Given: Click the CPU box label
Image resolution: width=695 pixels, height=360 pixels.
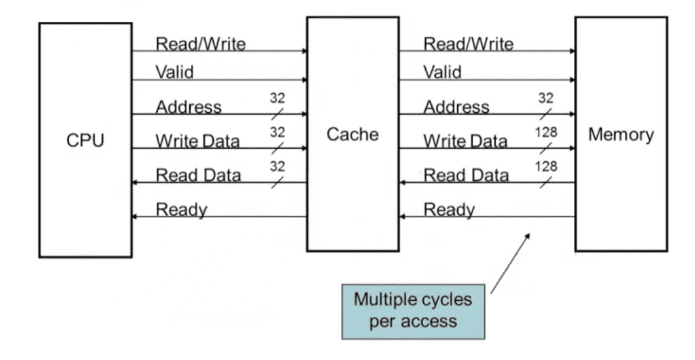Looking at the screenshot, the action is [85, 141].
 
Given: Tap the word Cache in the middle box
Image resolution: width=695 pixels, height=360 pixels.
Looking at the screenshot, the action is [353, 134].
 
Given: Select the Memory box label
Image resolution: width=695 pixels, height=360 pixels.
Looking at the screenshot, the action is [621, 134].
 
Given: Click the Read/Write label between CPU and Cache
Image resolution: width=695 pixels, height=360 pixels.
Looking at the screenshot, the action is [201, 44].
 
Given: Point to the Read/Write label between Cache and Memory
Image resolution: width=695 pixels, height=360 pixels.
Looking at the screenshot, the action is [469, 44].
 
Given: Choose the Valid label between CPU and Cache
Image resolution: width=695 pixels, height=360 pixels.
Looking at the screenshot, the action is [175, 72].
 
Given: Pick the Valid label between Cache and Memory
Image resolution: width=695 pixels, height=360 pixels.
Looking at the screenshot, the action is [442, 72].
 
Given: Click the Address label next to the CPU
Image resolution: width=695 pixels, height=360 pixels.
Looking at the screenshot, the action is [189, 107].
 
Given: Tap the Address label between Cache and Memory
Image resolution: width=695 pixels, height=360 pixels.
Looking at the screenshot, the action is [457, 107].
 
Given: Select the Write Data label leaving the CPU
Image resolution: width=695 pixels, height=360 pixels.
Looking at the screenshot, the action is [197, 141].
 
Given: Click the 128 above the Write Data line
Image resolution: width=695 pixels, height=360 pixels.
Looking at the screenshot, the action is [546, 132].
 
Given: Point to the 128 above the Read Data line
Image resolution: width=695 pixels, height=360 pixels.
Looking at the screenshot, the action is [546, 166].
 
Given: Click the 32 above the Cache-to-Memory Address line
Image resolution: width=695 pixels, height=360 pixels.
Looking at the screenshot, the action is [546, 98].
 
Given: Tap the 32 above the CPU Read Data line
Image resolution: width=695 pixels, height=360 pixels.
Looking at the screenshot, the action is [277, 166].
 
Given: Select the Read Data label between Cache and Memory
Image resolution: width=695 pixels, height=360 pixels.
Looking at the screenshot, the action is [466, 175].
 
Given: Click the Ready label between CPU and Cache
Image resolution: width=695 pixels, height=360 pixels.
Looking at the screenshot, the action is [182, 210].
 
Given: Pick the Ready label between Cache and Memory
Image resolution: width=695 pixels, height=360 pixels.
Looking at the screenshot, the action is [450, 210].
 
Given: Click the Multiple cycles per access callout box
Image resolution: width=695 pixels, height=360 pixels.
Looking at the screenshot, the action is [413, 312].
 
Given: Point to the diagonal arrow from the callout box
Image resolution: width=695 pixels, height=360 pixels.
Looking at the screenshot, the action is [510, 264].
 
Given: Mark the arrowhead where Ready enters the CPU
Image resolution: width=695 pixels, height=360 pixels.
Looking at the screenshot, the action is [134, 217].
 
